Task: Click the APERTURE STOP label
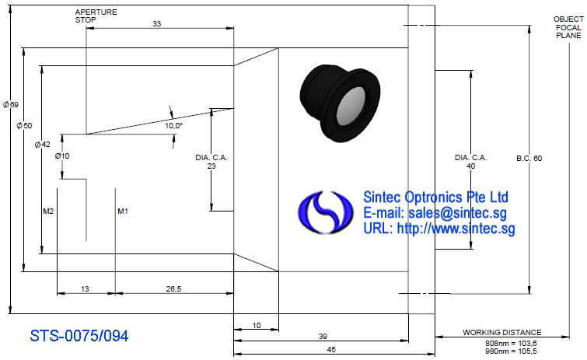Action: point(96,16)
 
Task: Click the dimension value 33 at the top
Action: point(156,23)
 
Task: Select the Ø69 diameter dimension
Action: point(11,104)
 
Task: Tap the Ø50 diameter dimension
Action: point(24,125)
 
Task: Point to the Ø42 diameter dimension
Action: point(42,144)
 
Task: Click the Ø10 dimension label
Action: point(62,156)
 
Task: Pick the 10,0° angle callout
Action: point(173,125)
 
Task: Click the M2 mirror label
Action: point(48,211)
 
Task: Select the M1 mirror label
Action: point(123,211)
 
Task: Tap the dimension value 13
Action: point(85,289)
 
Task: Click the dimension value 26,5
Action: point(173,289)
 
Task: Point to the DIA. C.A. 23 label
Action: point(211,162)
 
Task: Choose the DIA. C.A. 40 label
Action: point(471,162)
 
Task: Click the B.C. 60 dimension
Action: point(529,159)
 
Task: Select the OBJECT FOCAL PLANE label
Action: point(568,27)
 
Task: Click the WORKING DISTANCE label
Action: point(502,332)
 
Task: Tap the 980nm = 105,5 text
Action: point(511,351)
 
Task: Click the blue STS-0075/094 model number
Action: point(79,336)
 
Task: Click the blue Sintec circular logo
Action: point(325,212)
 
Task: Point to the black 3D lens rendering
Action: point(340,103)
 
